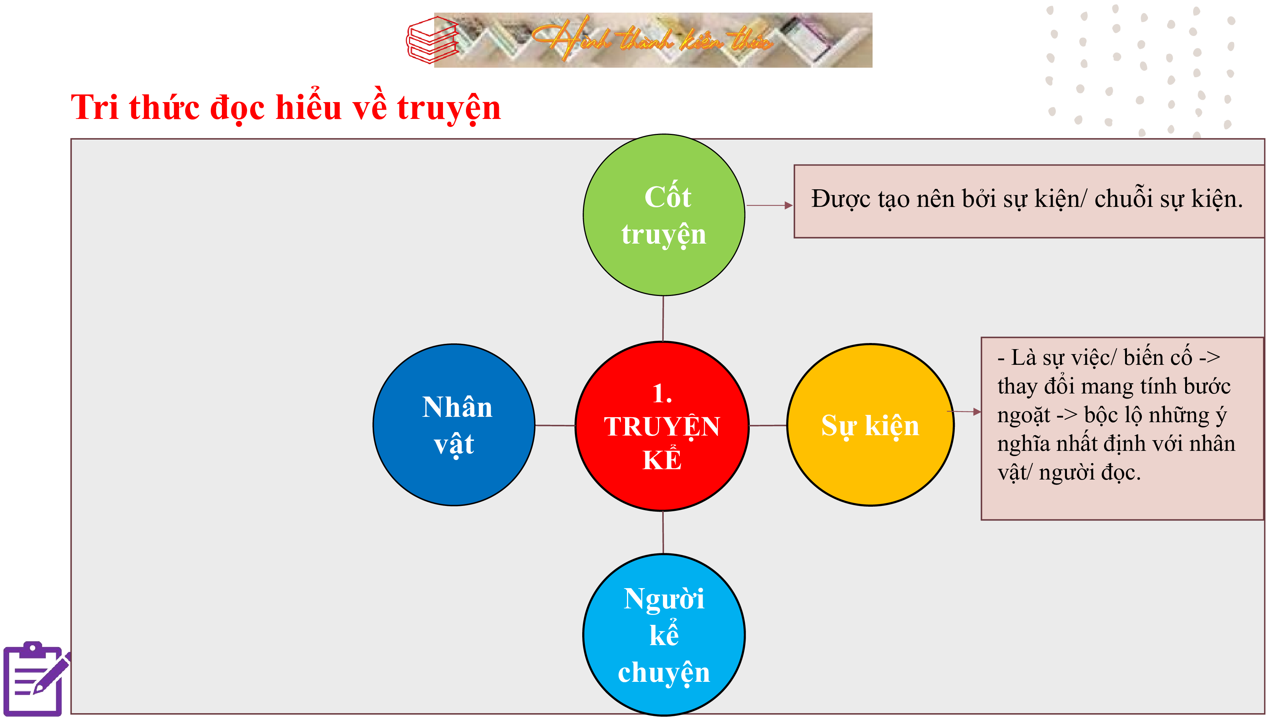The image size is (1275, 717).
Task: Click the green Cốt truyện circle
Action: pyautogui.click(x=664, y=215)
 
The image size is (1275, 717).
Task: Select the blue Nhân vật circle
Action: pyautogui.click(x=454, y=424)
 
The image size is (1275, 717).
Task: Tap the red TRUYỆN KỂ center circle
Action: pyautogui.click(x=662, y=426)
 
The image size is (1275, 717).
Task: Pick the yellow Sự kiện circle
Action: pyautogui.click(x=871, y=424)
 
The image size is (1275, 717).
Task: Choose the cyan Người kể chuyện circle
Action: pyautogui.click(x=664, y=634)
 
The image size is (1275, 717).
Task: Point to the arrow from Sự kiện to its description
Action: pyautogui.click(x=964, y=411)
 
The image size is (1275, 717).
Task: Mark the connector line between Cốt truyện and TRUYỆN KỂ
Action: pyautogui.click(x=663, y=319)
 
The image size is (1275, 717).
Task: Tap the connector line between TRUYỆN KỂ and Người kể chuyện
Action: pyautogui.click(x=663, y=532)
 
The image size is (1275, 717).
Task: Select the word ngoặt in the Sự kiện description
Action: pyautogui.click(x=1024, y=416)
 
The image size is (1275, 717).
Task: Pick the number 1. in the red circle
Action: pyautogui.click(x=662, y=394)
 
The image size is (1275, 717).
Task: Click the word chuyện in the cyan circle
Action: pyautogui.click(x=664, y=673)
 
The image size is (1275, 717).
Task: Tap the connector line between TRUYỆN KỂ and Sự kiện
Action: pyautogui.click(x=768, y=425)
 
